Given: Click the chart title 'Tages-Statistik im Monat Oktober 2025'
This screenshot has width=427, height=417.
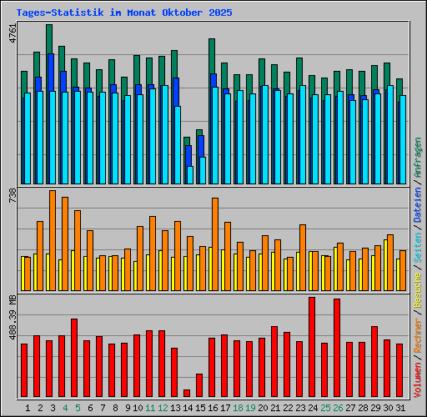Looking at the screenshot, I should point(124,13).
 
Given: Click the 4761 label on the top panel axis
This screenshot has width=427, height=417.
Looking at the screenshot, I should point(11,34).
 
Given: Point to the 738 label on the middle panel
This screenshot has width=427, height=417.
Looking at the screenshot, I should point(11,196).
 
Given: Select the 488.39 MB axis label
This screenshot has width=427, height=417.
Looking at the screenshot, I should point(11,318).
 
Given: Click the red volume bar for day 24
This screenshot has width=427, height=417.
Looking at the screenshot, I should point(312,346).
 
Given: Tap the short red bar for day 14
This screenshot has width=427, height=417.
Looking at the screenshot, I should point(187,393).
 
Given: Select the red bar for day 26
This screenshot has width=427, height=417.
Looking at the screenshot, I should point(337,347).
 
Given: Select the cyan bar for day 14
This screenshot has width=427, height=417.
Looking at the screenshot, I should point(190,174).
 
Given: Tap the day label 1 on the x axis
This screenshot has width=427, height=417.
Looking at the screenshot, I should point(28,408).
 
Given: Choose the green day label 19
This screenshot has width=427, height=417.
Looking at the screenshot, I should point(250,408).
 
